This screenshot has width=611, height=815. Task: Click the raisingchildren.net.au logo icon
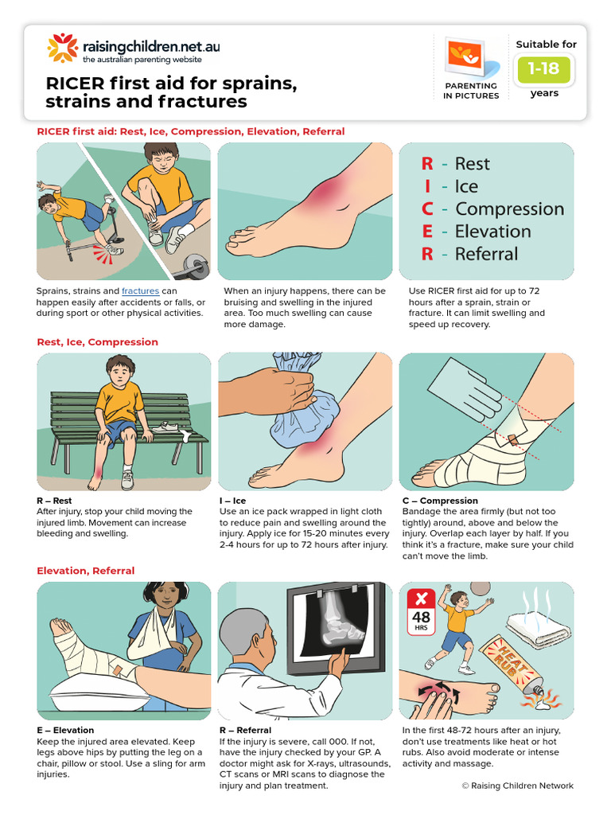coord(63,48)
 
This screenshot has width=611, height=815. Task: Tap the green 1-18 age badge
coord(544,69)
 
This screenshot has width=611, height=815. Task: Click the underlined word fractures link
coord(140,291)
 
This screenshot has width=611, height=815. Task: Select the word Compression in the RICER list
coord(509,209)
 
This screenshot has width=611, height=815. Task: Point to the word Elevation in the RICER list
coord(492,232)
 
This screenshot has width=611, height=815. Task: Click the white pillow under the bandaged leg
coord(88,684)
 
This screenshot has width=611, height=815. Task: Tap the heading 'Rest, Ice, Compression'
coord(97,342)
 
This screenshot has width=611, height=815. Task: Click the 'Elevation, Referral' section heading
coord(86,571)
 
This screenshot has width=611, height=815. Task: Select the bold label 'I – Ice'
coord(232,501)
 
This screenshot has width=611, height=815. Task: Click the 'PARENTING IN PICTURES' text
coord(471,91)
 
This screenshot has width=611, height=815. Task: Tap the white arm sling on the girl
coord(151,645)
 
